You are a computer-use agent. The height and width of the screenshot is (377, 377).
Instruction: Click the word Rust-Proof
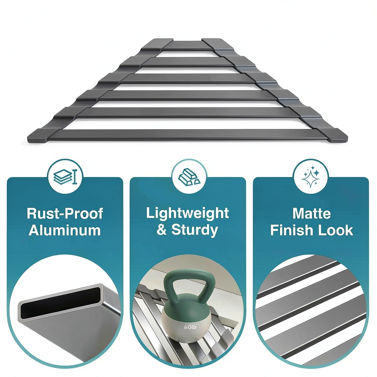coord(65,213)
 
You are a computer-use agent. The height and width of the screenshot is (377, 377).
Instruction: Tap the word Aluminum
coord(65,230)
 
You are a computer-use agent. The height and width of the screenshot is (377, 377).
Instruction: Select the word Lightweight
coord(187,214)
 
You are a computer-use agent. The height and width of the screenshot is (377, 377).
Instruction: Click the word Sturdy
coord(194,230)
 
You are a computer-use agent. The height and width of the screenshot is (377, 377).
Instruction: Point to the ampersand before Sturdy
coord(162,230)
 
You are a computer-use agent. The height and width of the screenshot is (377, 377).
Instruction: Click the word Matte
coord(311,213)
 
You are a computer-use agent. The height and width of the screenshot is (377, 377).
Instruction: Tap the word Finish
coord(291,230)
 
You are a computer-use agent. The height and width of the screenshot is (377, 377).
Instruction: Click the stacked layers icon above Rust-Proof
coord(65,177)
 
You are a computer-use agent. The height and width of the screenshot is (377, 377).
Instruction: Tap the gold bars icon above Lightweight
coord(189,176)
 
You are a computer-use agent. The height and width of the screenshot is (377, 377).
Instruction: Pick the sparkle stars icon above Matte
coord(311,176)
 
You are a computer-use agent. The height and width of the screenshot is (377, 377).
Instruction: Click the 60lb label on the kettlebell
coord(190,327)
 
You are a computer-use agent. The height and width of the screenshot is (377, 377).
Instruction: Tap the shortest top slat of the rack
coord(187,45)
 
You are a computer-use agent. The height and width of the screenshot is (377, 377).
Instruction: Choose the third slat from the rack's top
coord(187,78)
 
